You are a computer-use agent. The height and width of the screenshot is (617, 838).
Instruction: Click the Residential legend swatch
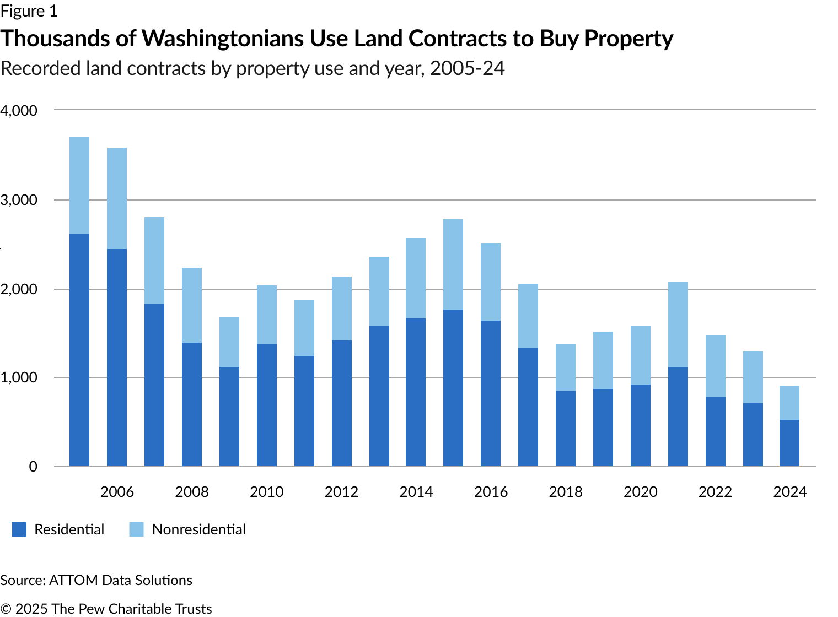point(19,529)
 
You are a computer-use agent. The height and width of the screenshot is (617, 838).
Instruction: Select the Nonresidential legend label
point(198,529)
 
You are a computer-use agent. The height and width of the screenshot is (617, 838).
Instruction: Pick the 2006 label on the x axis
point(117,492)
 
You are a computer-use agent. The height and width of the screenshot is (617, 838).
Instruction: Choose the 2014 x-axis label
point(416,492)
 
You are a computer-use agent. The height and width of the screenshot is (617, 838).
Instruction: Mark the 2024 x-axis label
point(789,492)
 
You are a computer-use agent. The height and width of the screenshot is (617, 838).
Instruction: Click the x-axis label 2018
point(566,492)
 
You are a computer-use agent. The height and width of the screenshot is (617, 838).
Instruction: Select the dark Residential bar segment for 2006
point(117,358)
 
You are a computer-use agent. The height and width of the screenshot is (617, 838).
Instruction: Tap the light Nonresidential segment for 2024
point(789,403)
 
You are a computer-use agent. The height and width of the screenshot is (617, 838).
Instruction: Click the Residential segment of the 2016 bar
point(491,394)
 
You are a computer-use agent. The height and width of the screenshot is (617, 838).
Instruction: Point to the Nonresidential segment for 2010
point(267,315)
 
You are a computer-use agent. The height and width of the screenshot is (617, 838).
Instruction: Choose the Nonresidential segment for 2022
point(716,366)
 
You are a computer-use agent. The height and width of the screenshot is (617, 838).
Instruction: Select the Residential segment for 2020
point(641,425)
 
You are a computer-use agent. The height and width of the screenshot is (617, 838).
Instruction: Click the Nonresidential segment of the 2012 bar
point(342,308)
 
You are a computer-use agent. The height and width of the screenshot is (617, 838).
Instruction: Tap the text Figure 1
point(29,11)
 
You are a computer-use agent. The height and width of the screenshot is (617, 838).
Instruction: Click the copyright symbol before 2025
point(5,609)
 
